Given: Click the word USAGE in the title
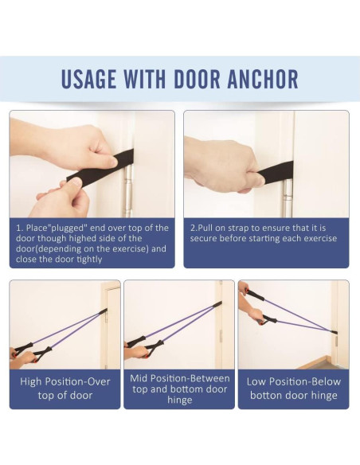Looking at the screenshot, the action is [88, 79].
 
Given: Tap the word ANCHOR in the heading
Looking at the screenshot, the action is [263, 79].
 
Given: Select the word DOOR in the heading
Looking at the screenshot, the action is [197, 79].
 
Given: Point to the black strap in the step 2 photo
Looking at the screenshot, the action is [275, 173].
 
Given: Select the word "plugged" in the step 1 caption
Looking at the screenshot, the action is [65, 228].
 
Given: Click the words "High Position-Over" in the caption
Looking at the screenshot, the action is [65, 381].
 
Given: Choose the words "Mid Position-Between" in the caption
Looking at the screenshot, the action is [180, 378].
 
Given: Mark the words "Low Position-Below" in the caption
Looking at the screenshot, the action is [294, 381].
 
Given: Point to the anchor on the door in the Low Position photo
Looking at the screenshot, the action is [333, 332].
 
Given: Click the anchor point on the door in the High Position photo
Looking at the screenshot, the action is [103, 311].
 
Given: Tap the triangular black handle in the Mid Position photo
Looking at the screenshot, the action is [155, 349].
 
